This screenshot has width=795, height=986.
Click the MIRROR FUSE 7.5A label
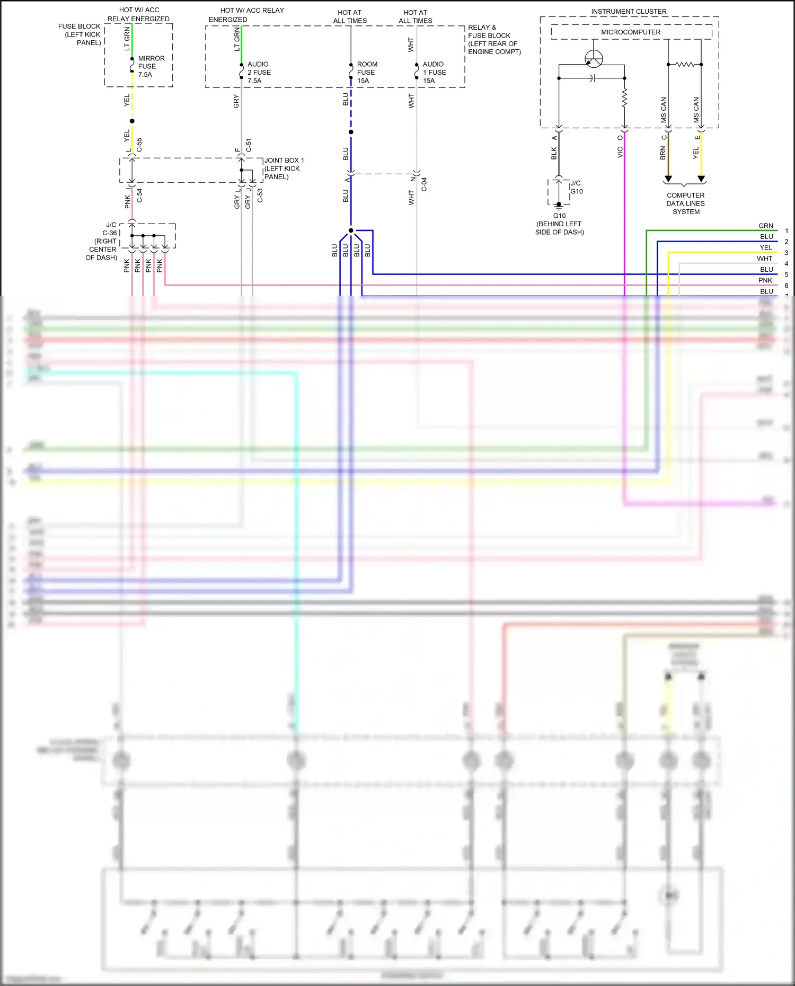pyautogui.click(x=151, y=66)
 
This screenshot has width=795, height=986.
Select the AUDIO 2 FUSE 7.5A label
pyautogui.click(x=259, y=73)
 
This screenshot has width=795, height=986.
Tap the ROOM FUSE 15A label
pyautogui.click(x=366, y=73)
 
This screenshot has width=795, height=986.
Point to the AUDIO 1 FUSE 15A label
pyautogui.click(x=434, y=73)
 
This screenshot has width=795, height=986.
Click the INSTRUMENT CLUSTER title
pyautogui.click(x=629, y=11)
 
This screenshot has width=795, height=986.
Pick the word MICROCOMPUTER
pyautogui.click(x=631, y=32)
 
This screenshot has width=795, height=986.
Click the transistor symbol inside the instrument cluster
pyautogui.click(x=594, y=59)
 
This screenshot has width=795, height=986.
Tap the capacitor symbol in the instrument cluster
pyautogui.click(x=593, y=78)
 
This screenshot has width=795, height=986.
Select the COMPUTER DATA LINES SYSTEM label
pyautogui.click(x=685, y=203)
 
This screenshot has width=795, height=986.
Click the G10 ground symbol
pyautogui.click(x=559, y=205)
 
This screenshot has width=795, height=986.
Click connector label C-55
pyautogui.click(x=139, y=145)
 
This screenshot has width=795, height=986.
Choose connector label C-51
pyautogui.click(x=249, y=145)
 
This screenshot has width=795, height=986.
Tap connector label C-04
pyautogui.click(x=424, y=184)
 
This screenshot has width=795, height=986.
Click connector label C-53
pyautogui.click(x=260, y=196)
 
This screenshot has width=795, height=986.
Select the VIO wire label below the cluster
pyautogui.click(x=620, y=152)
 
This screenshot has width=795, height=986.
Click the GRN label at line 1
pyautogui.click(x=765, y=226)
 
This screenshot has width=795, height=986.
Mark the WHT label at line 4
pyautogui.click(x=764, y=259)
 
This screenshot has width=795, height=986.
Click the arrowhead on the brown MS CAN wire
pyautogui.click(x=668, y=179)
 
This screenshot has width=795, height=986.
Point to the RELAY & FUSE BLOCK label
pyautogui.click(x=493, y=39)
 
